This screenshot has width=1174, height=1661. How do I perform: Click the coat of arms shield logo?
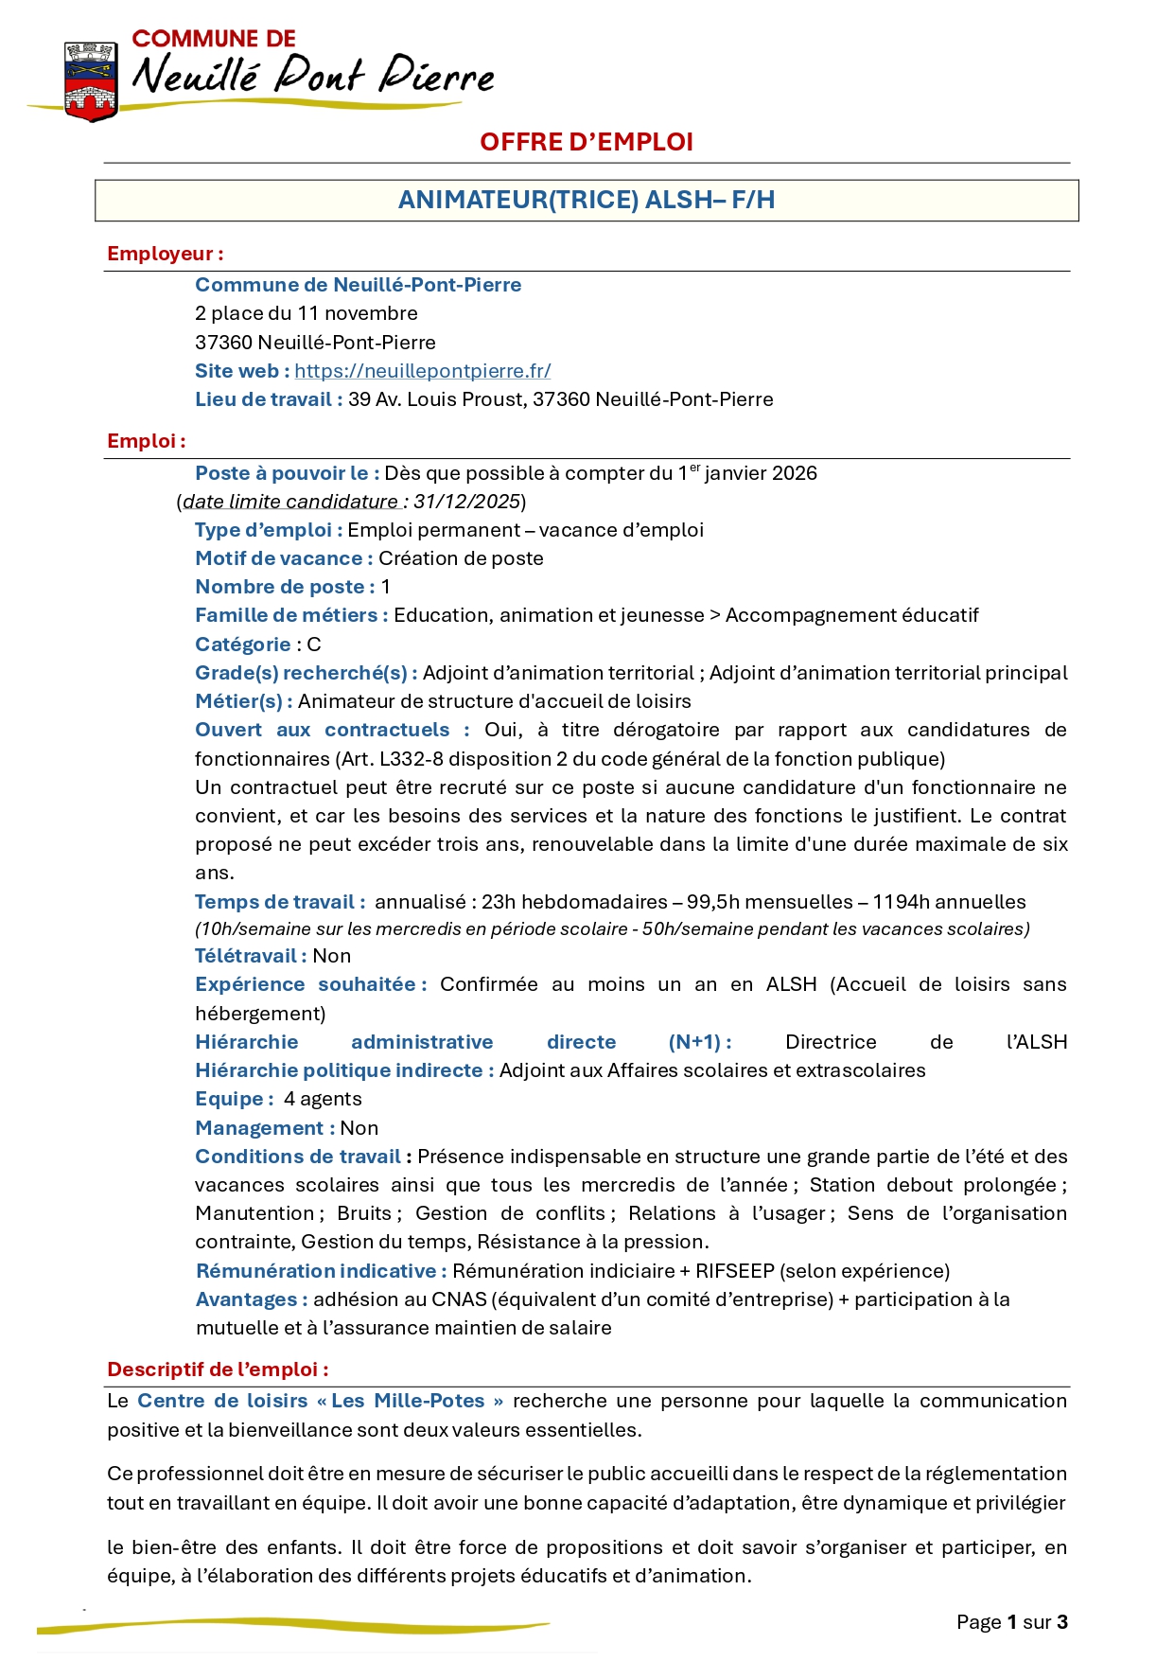pyautogui.click(x=91, y=81)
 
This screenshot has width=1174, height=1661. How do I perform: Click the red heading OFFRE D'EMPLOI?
pyautogui.click(x=586, y=142)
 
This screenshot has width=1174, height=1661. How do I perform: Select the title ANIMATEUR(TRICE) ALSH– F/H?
pyautogui.click(x=586, y=201)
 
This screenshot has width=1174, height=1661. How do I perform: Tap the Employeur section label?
pyautogui.click(x=165, y=254)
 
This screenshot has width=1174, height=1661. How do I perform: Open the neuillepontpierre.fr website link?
pyautogui.click(x=422, y=371)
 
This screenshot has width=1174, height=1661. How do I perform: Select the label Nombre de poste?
pyautogui.click(x=284, y=587)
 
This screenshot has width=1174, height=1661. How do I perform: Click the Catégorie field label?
pyautogui.click(x=242, y=645)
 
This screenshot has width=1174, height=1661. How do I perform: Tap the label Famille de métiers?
pyautogui.click(x=290, y=615)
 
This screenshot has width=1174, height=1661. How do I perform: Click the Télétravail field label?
pyautogui.click(x=250, y=956)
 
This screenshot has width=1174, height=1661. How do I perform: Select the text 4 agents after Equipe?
pyautogui.click(x=323, y=1099)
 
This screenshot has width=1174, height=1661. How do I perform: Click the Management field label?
pyautogui.click(x=264, y=1128)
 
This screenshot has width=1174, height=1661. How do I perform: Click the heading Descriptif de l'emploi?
pyautogui.click(x=218, y=1369)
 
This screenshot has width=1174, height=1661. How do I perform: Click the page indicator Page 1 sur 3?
pyautogui.click(x=1011, y=1622)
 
